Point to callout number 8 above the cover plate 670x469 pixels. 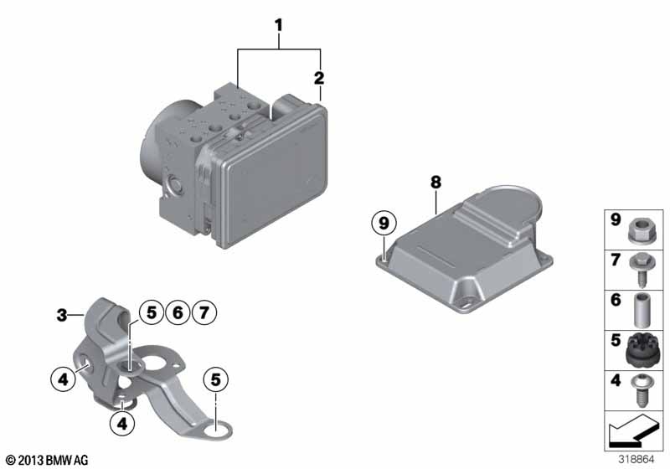coord(435,181)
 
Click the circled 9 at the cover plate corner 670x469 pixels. coord(384,223)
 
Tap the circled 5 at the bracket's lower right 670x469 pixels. coord(215,379)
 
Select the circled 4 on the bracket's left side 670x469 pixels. coord(62,379)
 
